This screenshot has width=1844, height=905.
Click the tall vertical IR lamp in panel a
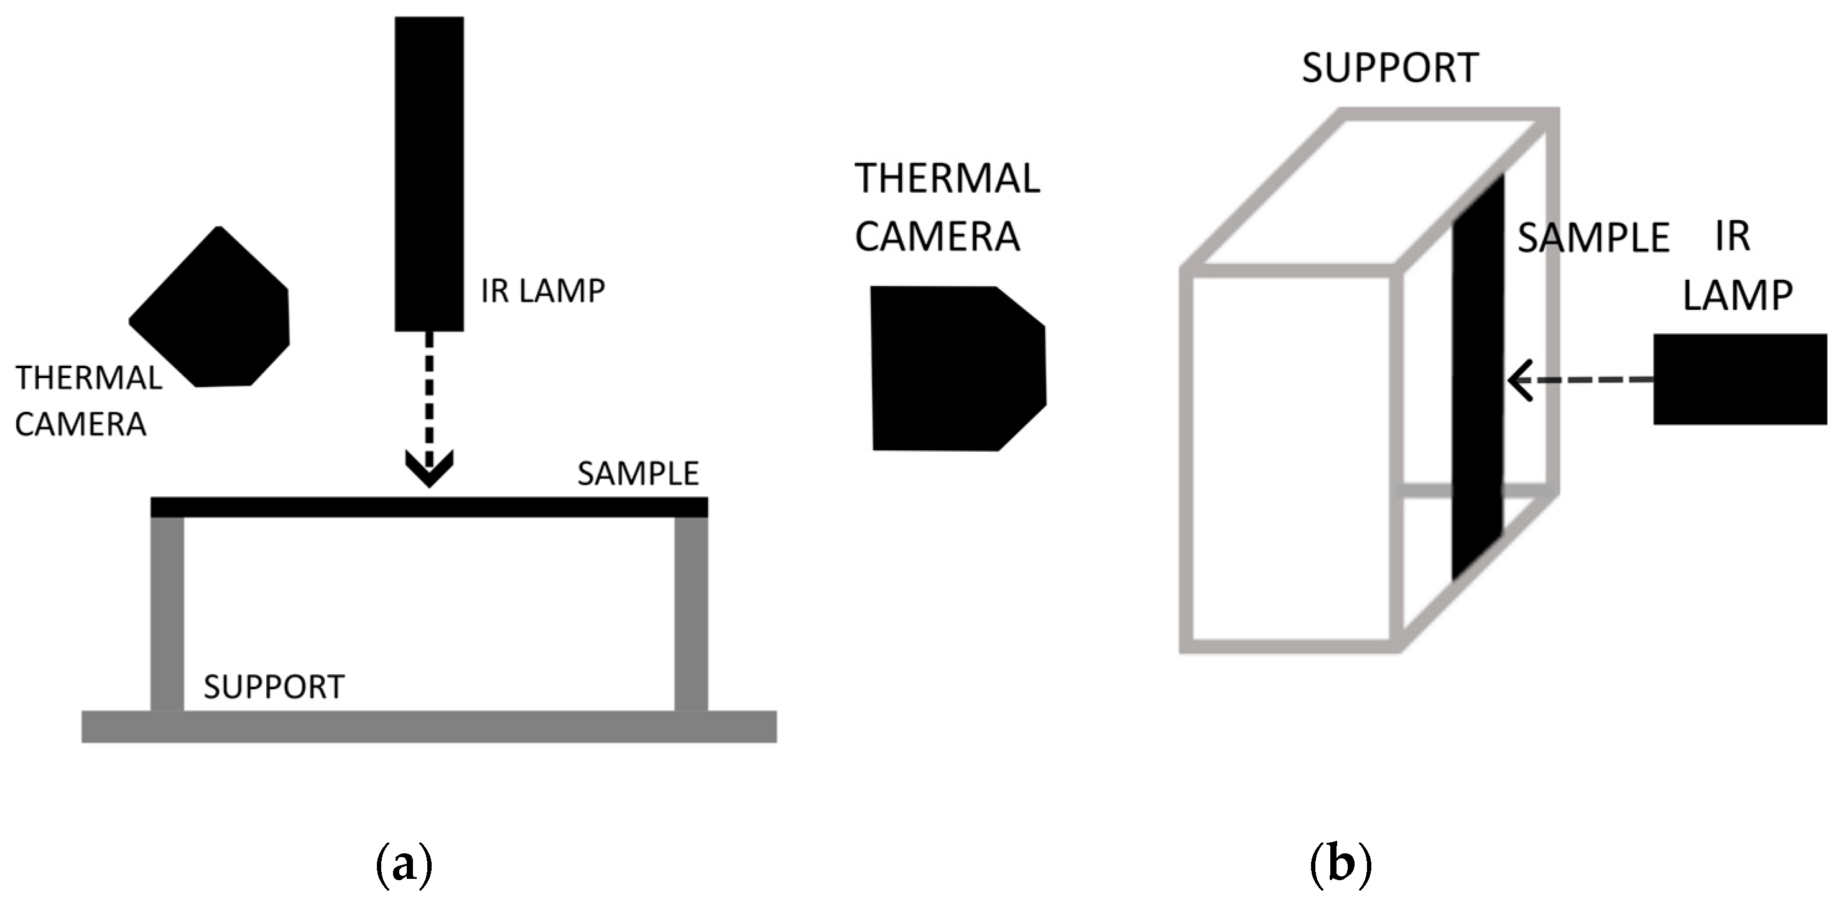(429, 174)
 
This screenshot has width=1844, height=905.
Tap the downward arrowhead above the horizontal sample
(429, 468)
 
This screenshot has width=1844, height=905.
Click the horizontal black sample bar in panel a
(429, 507)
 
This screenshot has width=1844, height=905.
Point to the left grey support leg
(167, 613)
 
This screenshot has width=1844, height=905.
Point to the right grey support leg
(691, 613)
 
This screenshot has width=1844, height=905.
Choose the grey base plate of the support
(429, 726)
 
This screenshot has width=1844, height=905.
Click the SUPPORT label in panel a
(274, 687)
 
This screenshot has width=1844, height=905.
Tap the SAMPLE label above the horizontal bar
(638, 474)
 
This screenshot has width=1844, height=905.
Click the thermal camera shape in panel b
(956, 368)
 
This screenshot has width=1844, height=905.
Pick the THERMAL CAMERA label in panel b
(947, 208)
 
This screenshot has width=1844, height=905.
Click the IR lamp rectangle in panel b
(1740, 379)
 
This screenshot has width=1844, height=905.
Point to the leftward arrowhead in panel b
(1519, 379)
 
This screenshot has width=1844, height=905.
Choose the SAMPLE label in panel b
(1593, 238)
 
